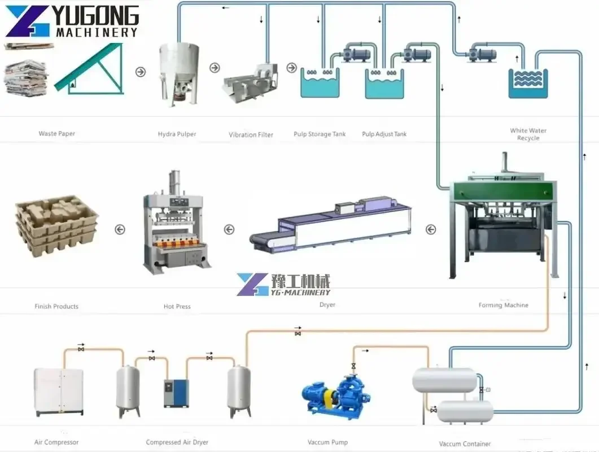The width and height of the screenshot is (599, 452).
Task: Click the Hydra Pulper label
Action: pos(177,134)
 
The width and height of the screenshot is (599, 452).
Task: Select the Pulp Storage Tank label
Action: pos(320,134)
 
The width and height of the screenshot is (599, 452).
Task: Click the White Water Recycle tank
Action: pos(528,83)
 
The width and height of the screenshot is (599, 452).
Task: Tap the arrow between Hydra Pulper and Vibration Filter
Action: pos(215,68)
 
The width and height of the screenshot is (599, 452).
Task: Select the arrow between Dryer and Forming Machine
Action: pos(431,229)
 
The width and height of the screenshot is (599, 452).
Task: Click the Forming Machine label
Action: pos(503,305)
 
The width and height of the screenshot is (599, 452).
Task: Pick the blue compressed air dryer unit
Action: pos(176,393)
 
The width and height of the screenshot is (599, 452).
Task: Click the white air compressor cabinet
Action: pos(59,390)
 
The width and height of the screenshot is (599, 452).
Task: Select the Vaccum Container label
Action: pos(465,444)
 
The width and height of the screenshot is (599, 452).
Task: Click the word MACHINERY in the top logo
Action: pos(97,32)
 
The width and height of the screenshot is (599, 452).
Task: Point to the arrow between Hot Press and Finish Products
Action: pos(119,229)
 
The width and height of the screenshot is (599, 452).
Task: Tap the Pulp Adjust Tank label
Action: pos(384,134)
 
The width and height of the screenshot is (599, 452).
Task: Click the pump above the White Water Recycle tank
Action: pos(481,54)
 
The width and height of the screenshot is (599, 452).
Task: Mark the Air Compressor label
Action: pos(56,442)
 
